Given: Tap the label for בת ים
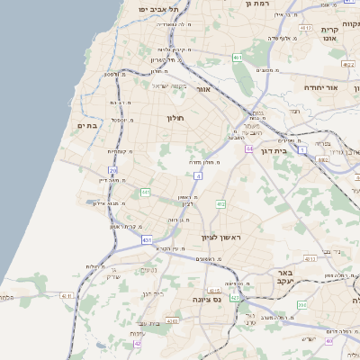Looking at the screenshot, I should [x=86, y=126].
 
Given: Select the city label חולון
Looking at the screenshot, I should [x=175, y=118].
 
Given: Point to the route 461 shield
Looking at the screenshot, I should [x=238, y=58].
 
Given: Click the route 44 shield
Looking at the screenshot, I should [x=248, y=148].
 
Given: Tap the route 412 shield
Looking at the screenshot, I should [x=220, y=204].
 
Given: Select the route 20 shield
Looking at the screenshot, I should [x=113, y=169].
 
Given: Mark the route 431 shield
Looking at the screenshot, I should [x=147, y=240].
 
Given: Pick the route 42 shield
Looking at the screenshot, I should [x=138, y=343].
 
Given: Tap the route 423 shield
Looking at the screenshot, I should [x=235, y=297].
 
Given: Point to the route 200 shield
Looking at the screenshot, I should [x=301, y=305].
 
